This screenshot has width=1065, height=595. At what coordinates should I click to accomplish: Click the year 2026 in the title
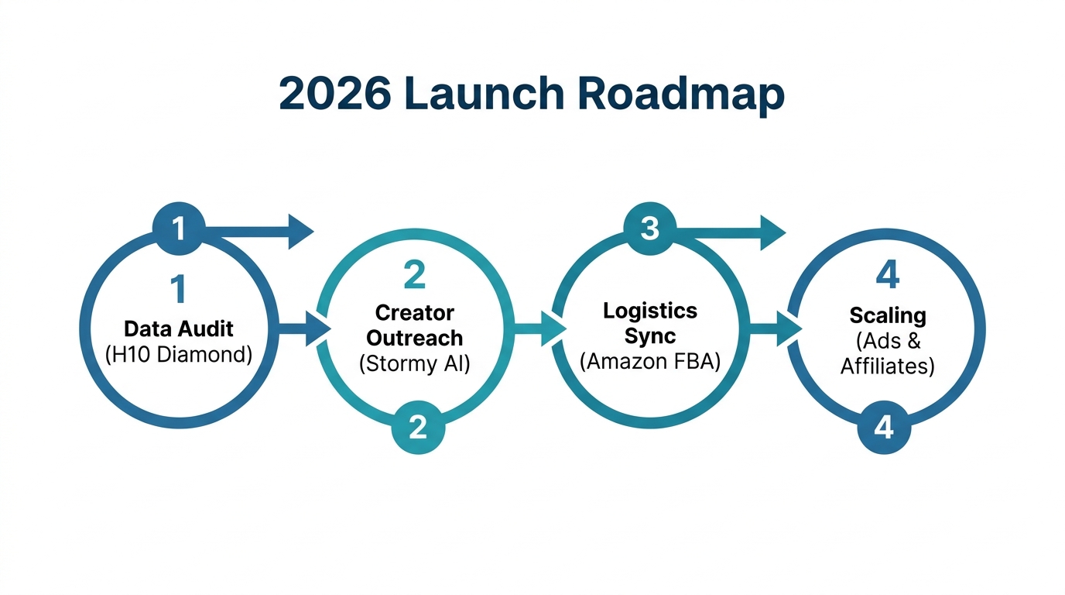pos(335,93)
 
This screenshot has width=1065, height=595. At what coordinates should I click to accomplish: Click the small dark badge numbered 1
pos(179,229)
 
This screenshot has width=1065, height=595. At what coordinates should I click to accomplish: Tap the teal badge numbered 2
pos(418,427)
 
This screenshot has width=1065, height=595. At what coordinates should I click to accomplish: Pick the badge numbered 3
pos(649,229)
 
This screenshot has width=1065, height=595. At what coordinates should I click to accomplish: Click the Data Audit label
pos(179,329)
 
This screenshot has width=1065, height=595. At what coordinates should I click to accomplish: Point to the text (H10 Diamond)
pos(179,355)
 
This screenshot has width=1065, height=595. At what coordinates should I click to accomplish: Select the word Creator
pos(415,312)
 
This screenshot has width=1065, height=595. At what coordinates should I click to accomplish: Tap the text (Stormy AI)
pos(415,363)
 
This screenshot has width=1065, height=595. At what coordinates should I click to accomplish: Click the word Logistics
pos(650,311)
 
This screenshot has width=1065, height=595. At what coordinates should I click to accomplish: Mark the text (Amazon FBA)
pos(650,361)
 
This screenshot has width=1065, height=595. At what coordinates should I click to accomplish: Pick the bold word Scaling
pos(888,315)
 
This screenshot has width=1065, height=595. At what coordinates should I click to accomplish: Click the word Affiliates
pos(888,365)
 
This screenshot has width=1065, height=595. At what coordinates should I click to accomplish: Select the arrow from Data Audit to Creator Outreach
pos(306,328)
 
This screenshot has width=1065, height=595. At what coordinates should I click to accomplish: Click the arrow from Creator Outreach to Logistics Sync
pos(540,328)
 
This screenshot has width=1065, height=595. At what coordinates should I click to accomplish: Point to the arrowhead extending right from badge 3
pos(771,231)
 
